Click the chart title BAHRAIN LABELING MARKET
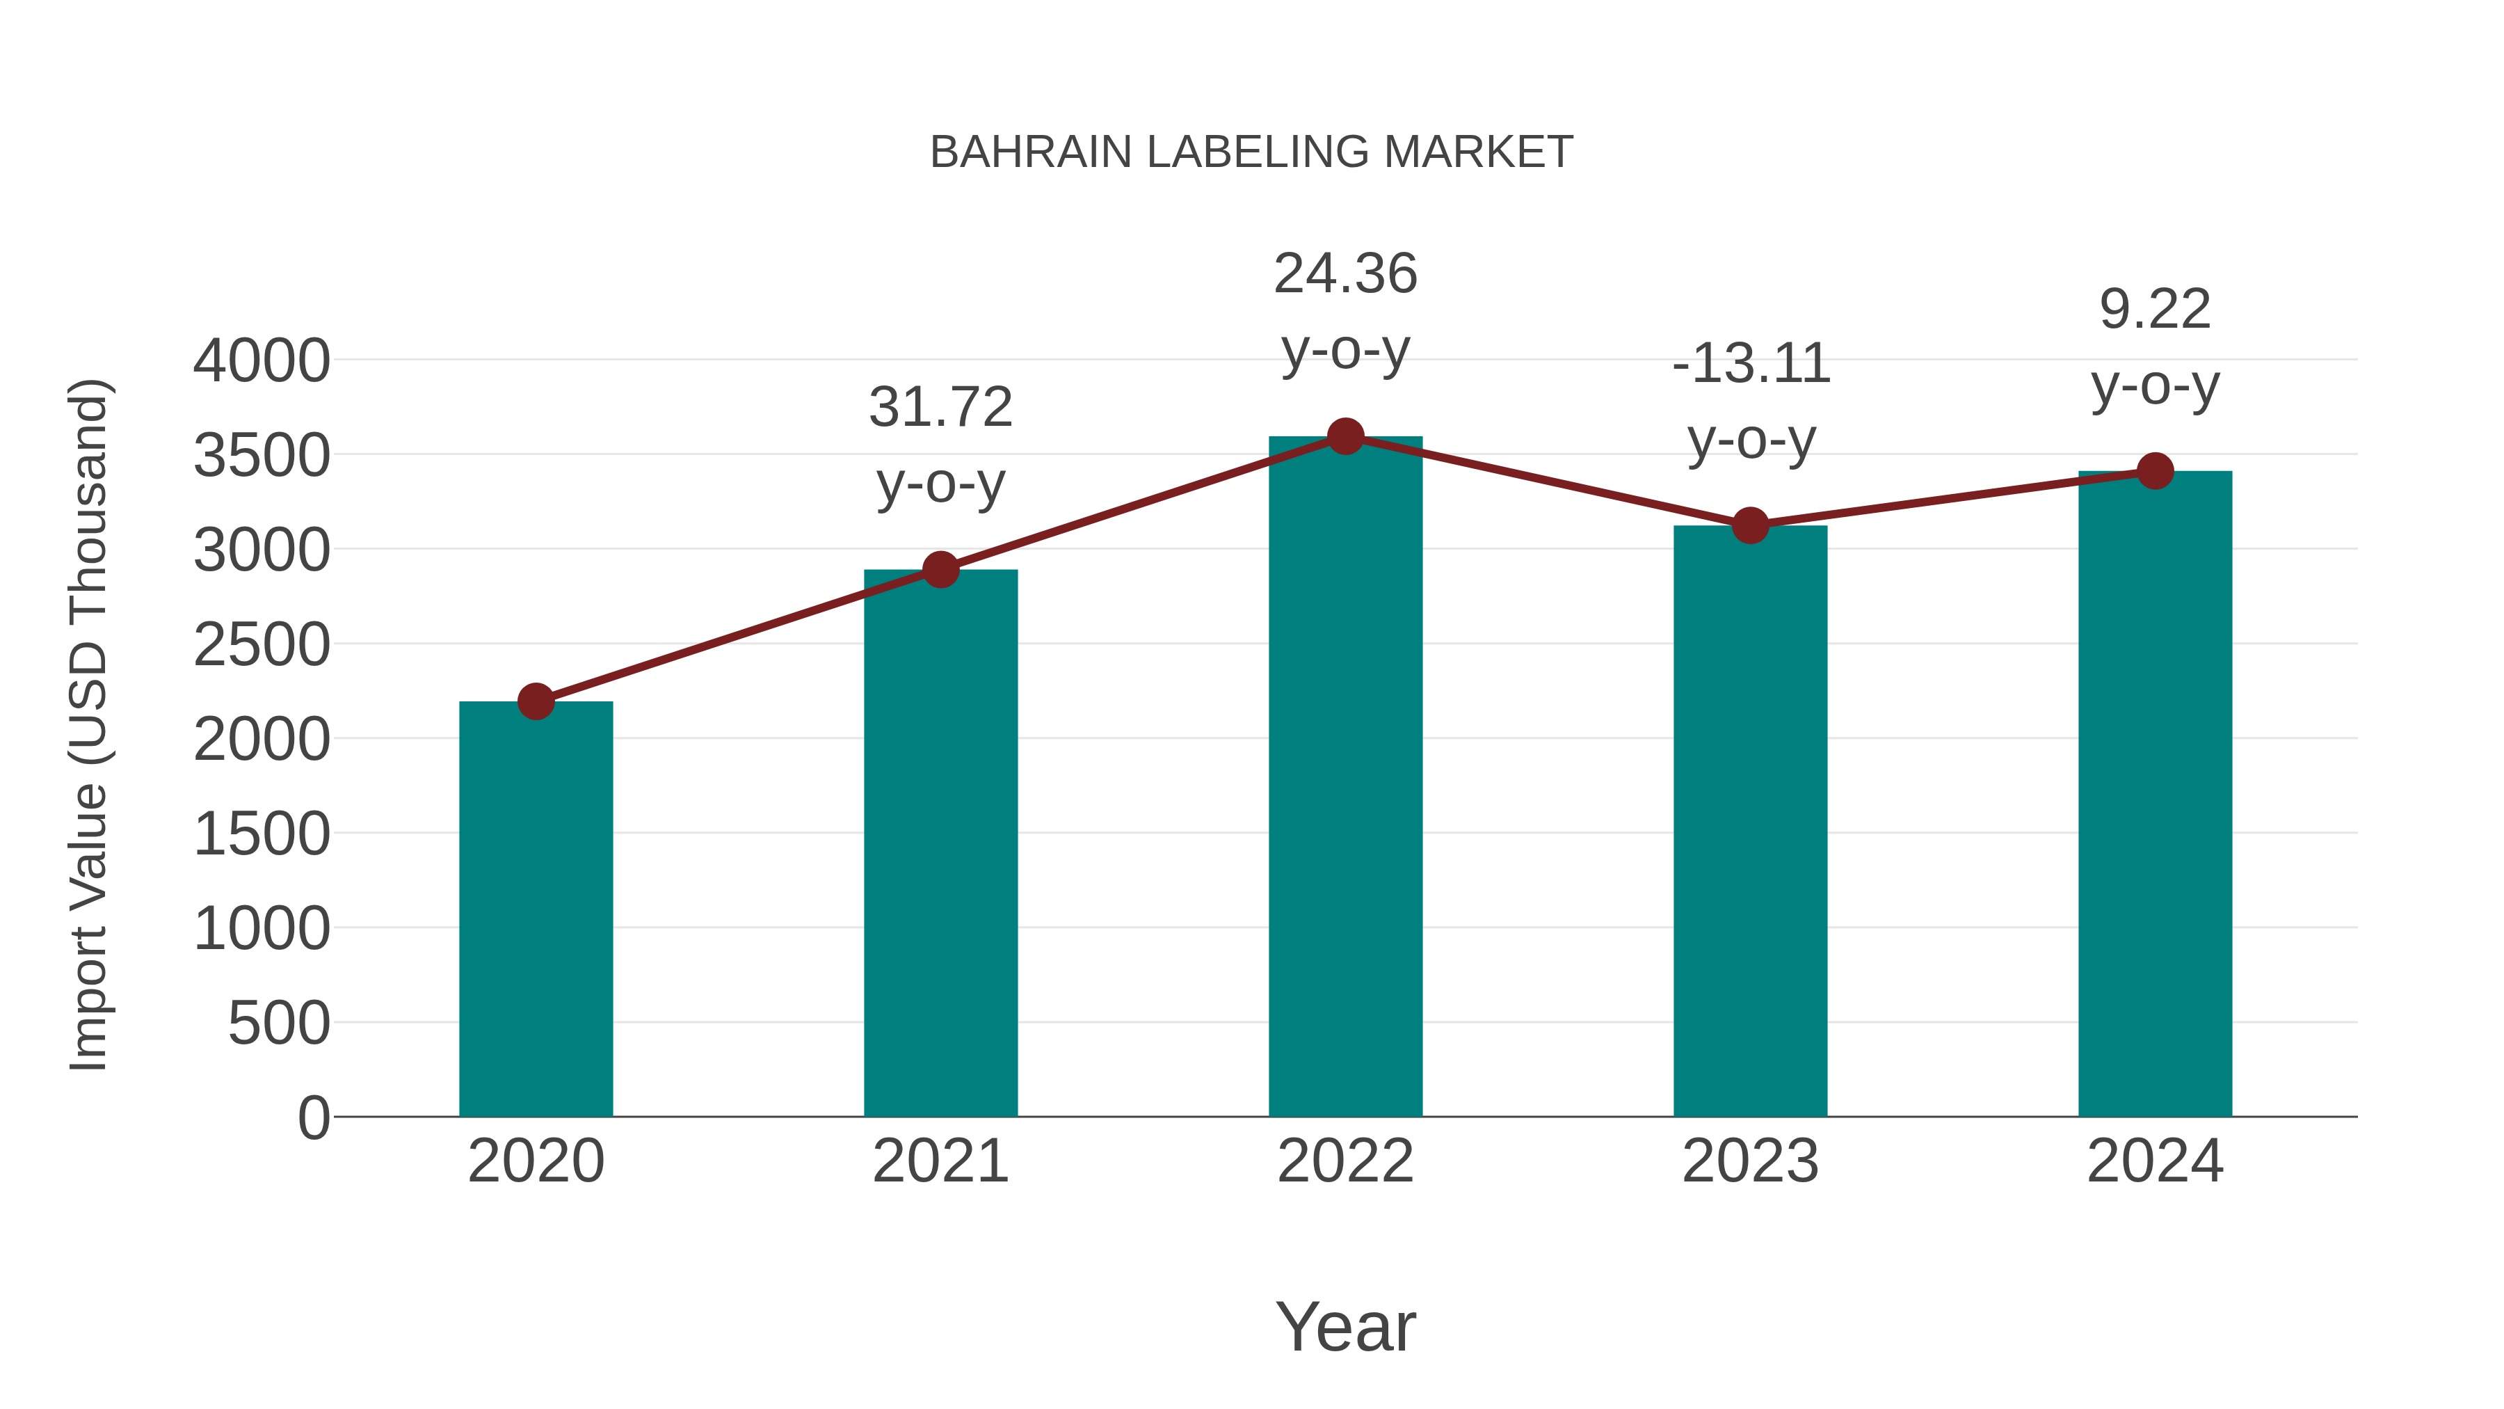1251,152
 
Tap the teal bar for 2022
1345,778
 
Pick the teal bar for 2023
1750,822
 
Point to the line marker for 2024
2155,472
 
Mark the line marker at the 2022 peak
1345,436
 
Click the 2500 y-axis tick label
262,645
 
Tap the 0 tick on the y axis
314,1117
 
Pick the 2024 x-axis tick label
2155,1161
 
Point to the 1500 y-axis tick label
262,834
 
